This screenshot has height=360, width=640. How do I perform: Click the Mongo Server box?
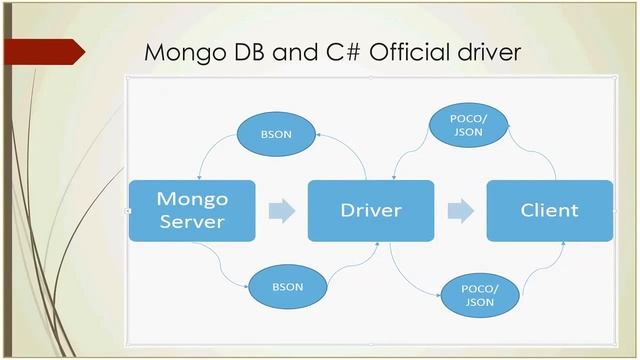pos(192,210)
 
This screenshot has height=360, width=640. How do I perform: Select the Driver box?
pos(370,210)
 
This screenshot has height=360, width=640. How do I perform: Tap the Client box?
pos(549,210)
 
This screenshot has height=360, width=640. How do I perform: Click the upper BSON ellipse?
pos(275,134)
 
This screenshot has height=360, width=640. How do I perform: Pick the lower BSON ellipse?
pos(287,286)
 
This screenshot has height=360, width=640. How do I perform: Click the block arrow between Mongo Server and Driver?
pos(282,211)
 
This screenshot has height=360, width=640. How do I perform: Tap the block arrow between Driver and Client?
pos(460,211)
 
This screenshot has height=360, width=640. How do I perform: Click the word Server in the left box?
pos(192,221)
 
